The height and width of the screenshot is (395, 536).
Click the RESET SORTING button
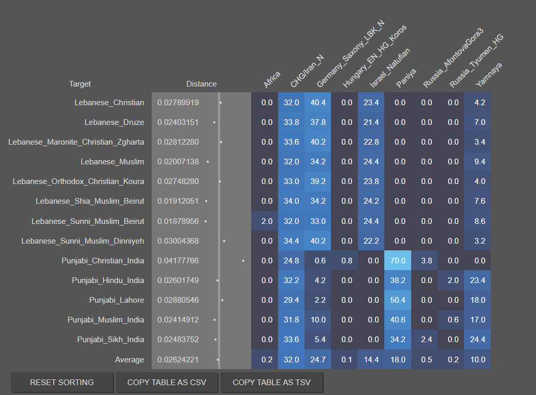pyautogui.click(x=62, y=383)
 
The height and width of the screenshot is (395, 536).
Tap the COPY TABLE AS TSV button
pyautogui.click(x=272, y=383)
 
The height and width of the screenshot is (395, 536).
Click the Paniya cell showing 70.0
pyautogui.click(x=398, y=261)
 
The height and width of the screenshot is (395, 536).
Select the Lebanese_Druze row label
pyautogui.click(x=114, y=122)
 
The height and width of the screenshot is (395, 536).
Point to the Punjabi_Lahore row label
pyautogui.click(x=117, y=300)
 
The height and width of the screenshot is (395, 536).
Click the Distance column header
pyautogui.click(x=201, y=84)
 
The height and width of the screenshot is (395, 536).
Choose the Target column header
pyautogui.click(x=80, y=84)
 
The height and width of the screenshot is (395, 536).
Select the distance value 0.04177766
pyautogui.click(x=178, y=261)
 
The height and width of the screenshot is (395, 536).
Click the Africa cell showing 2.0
pyautogui.click(x=267, y=221)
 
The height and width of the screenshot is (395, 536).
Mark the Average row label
pyautogui.click(x=129, y=360)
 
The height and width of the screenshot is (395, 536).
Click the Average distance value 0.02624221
pyautogui.click(x=178, y=360)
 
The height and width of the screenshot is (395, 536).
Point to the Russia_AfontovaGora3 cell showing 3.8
pyautogui.click(x=426, y=261)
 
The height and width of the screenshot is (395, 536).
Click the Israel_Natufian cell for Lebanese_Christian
pyautogui.click(x=371, y=103)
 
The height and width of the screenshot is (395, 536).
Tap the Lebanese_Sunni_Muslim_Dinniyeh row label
pyautogui.click(x=83, y=241)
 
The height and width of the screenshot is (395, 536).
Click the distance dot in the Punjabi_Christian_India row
pyautogui.click(x=243, y=261)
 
